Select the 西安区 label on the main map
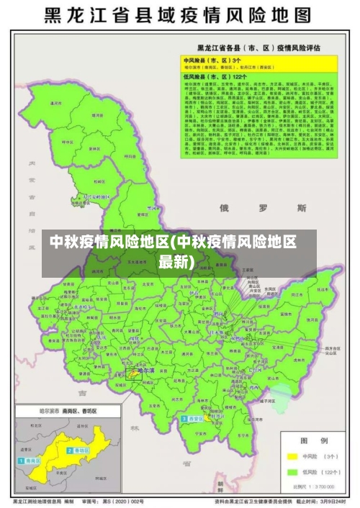(x=194, y=418)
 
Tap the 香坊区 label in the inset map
(x=77, y=450)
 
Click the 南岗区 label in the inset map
(x=32, y=461)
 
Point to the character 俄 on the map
(x=224, y=208)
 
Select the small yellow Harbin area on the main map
(x=135, y=373)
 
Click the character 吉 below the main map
(x=81, y=394)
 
